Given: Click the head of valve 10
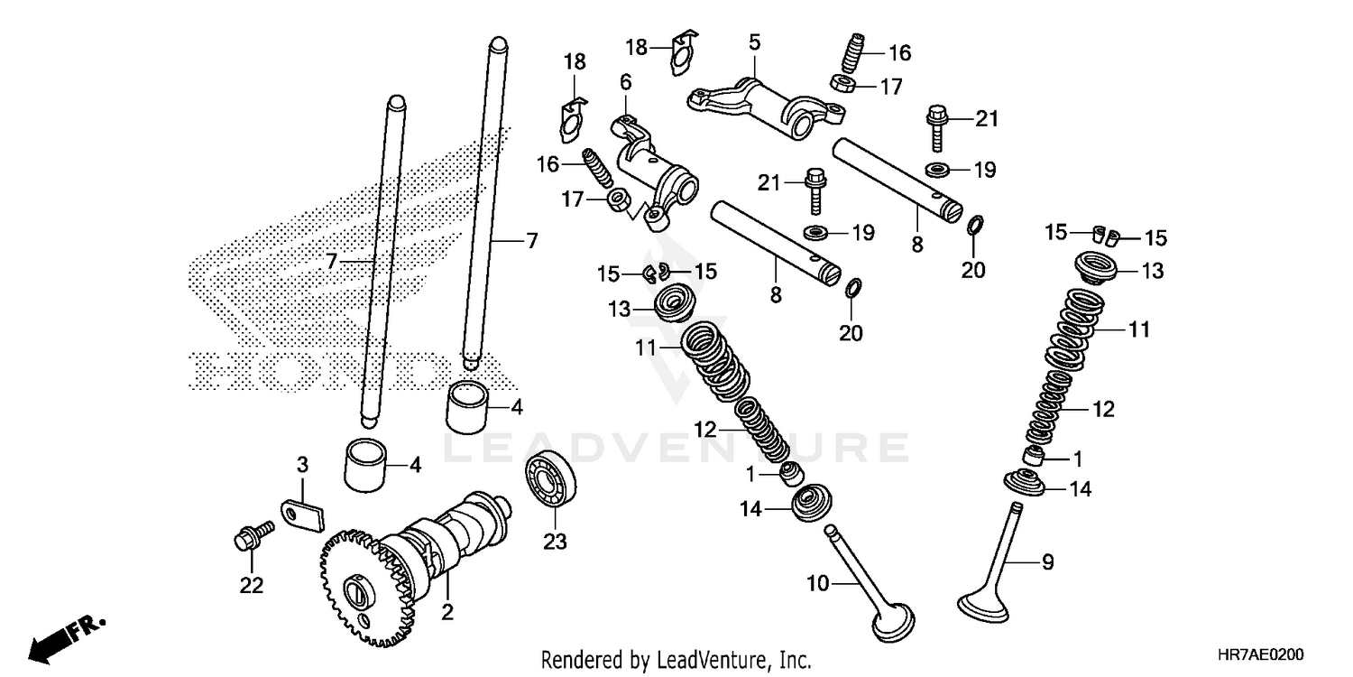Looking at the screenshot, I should click(893, 623).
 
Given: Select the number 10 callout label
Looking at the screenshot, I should click(817, 584).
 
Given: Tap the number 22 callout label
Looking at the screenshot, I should click(251, 586).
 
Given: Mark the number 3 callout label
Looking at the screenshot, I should click(303, 464).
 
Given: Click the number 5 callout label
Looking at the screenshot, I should click(754, 42).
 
